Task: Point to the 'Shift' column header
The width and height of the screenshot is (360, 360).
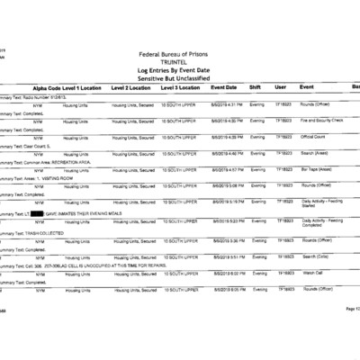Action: tap(256, 87)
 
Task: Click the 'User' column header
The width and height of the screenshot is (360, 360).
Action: tap(281, 87)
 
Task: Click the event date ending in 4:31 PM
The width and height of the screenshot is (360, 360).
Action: tap(224, 103)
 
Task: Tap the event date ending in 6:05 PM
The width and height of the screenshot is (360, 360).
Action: tap(224, 289)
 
